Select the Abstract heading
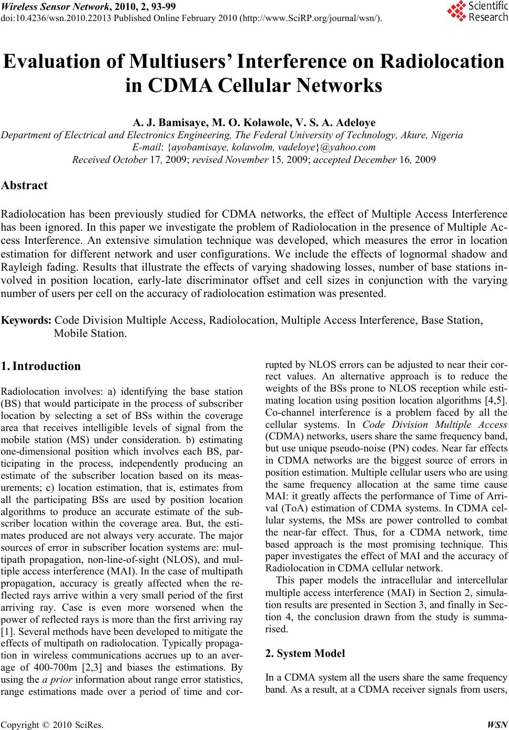point(25,185)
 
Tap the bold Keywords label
point(27,320)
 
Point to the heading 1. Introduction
point(40,366)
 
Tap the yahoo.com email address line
point(254,147)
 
